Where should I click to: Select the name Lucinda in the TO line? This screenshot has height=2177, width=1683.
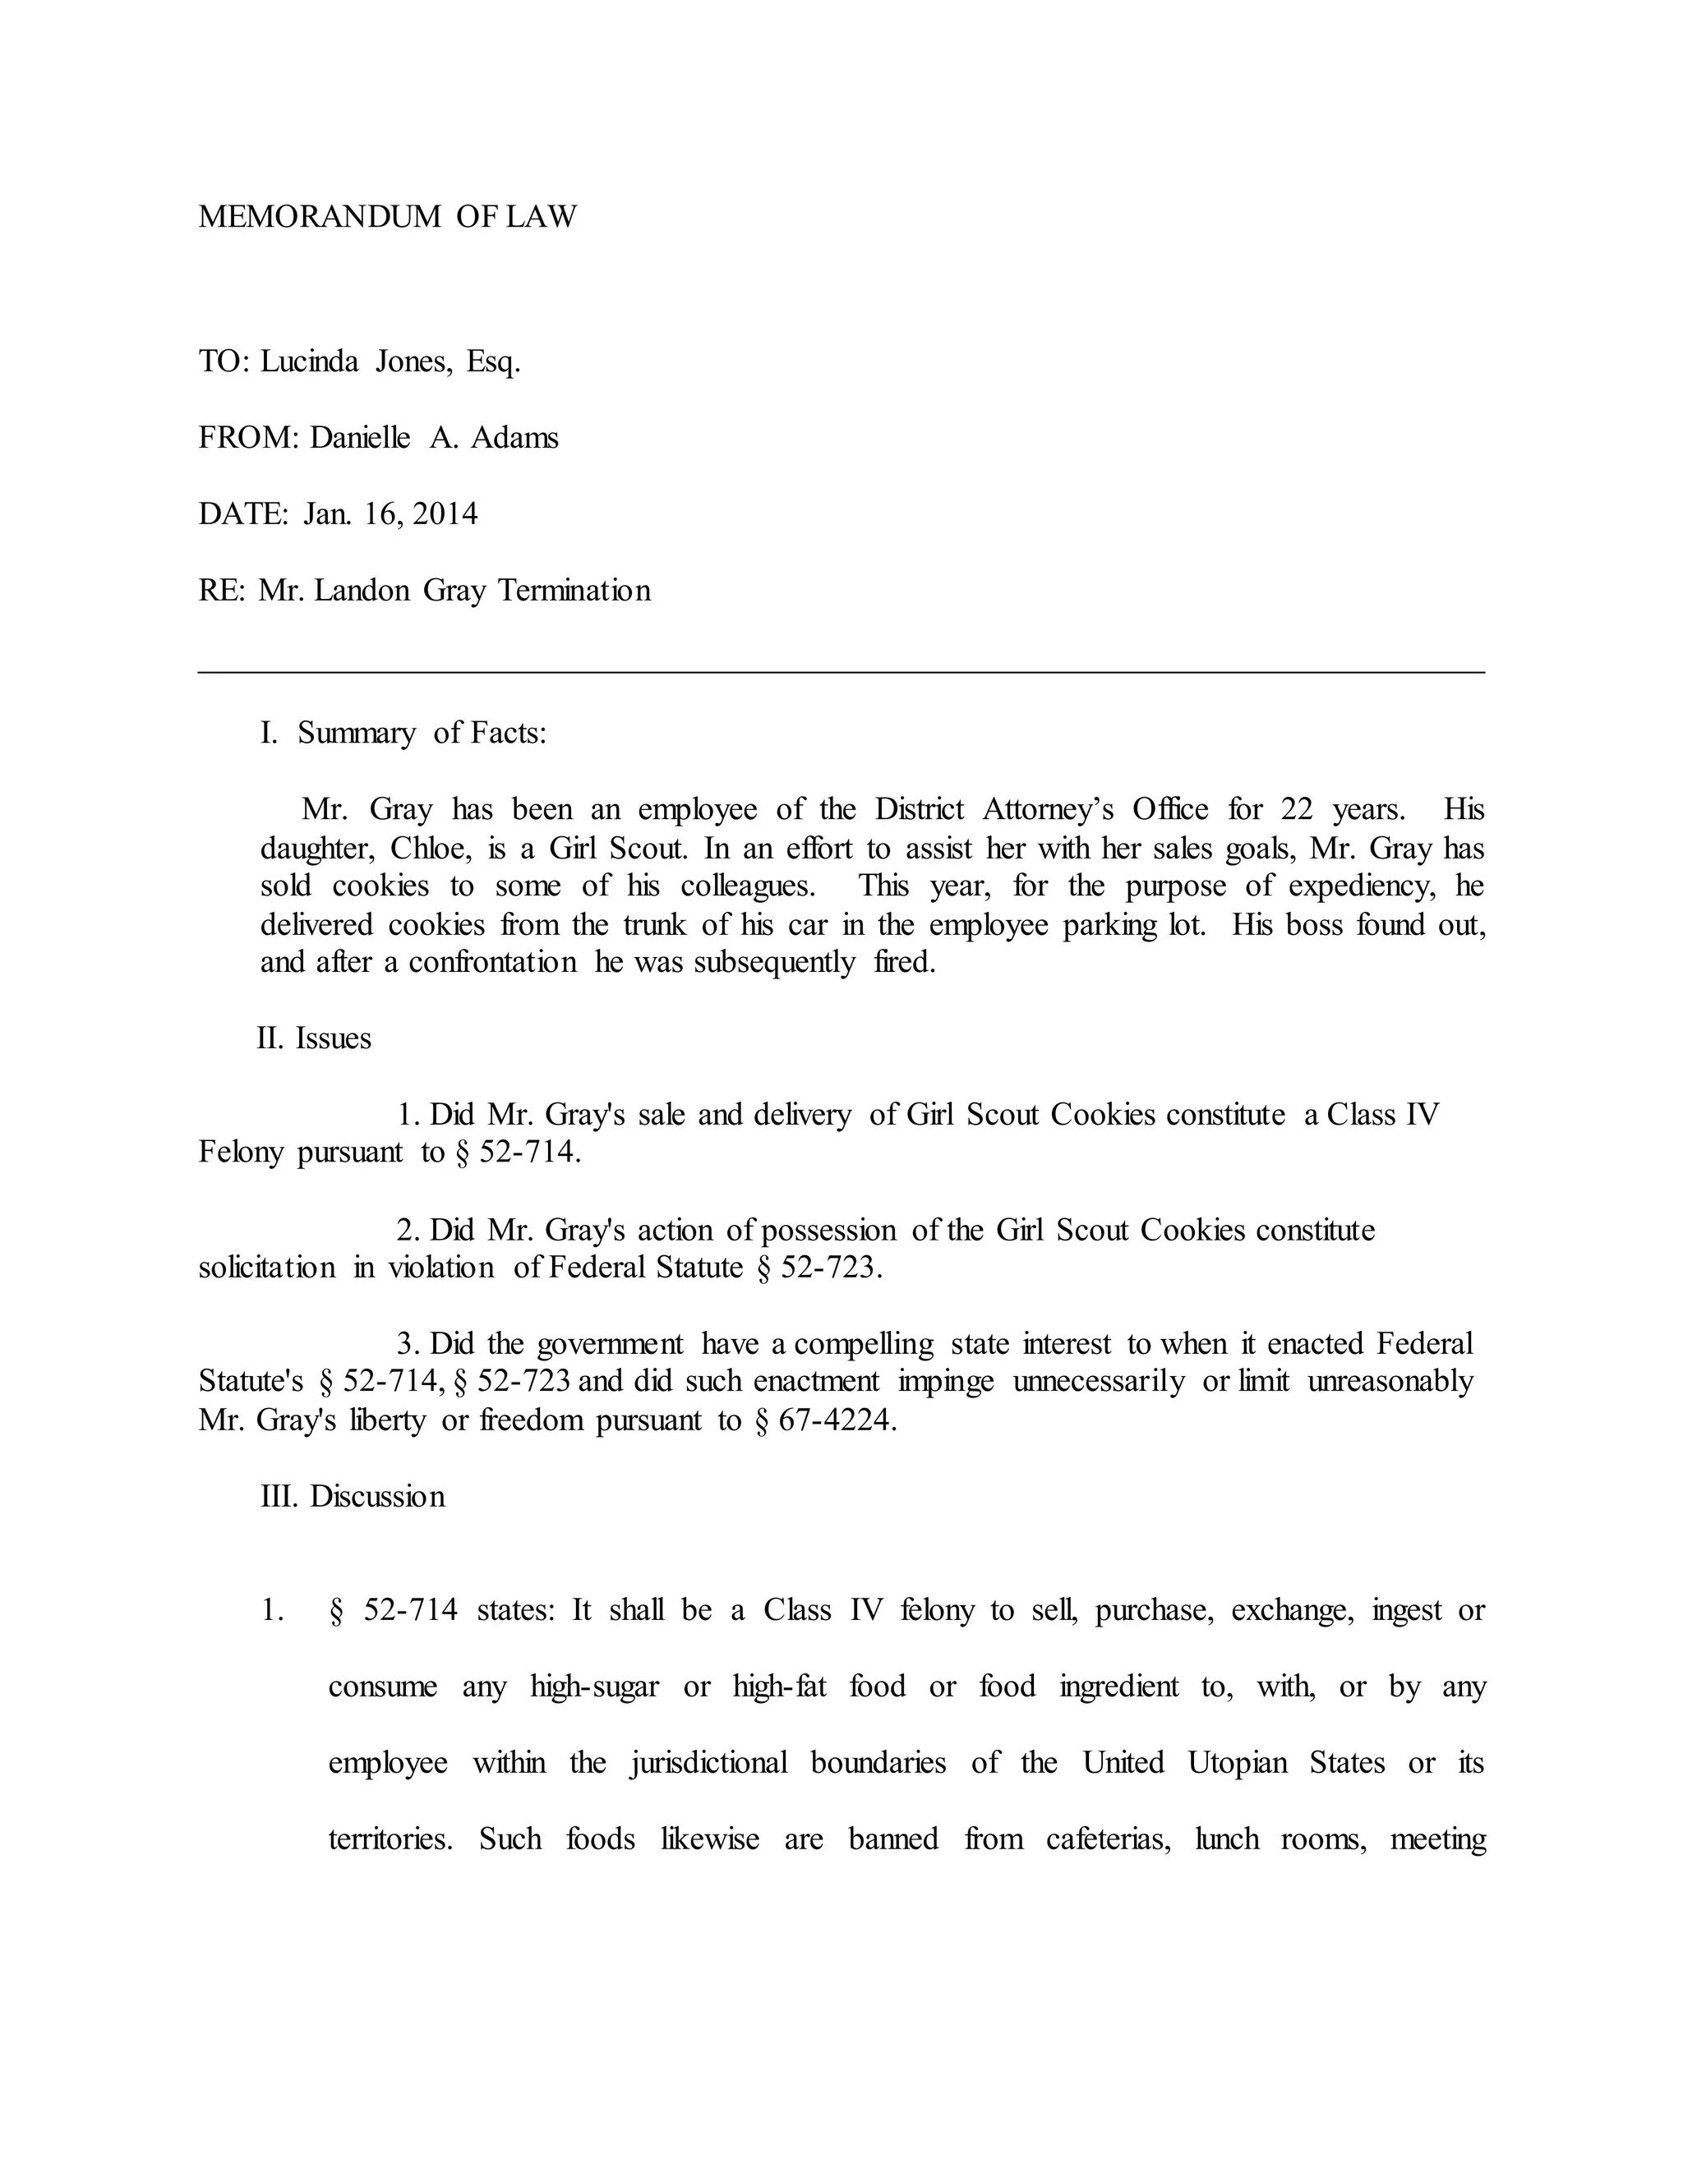[309, 361]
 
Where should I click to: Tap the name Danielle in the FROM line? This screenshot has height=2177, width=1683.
[359, 439]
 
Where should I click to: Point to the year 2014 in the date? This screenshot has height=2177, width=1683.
[445, 514]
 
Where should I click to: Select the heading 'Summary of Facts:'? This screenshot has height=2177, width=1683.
[422, 734]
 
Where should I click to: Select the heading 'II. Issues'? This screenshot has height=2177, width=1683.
[314, 1038]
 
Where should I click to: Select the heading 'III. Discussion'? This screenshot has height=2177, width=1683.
[353, 1497]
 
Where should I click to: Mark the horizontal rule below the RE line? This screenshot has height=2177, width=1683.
[841, 673]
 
